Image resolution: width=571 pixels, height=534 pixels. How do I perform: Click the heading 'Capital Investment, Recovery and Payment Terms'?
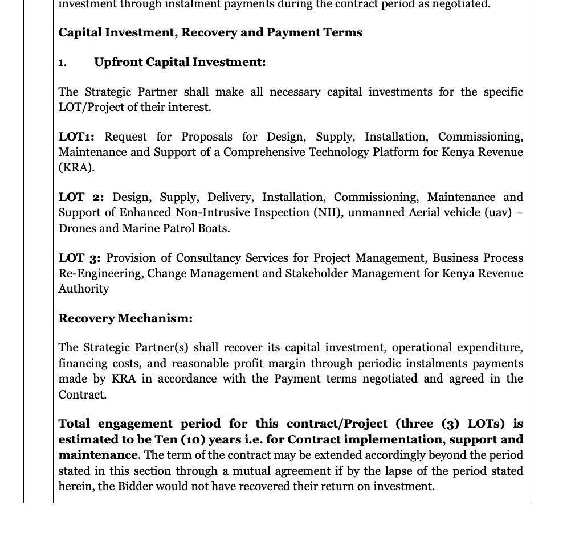pos(210,32)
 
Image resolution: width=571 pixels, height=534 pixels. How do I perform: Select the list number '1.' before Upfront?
pos(62,63)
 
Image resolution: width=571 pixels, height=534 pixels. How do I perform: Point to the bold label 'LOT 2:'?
pos(81,198)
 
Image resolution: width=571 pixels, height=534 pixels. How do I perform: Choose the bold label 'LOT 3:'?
pos(79,258)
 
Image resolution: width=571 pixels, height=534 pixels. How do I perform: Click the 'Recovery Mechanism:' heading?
pos(125,318)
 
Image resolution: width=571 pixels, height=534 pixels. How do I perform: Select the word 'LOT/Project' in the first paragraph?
pos(88,108)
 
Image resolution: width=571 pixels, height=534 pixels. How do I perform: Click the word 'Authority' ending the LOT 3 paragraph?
pos(83,289)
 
